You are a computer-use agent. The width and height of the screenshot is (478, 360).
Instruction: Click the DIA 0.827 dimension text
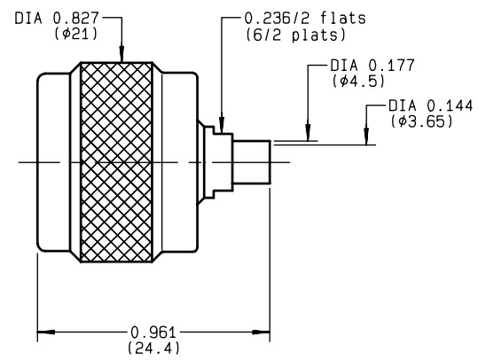[x=57, y=19]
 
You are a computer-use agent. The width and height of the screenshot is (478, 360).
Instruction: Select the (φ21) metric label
[x=76, y=34]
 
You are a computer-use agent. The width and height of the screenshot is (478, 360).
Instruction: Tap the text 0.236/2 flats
[x=305, y=19]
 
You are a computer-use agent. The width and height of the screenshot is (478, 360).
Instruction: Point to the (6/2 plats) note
[x=296, y=35]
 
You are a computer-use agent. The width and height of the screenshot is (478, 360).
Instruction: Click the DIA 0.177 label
[x=372, y=66]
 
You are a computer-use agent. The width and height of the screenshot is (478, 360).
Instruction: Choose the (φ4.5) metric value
[x=359, y=81]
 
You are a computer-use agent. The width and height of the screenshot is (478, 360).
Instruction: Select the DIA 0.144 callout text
[x=431, y=106]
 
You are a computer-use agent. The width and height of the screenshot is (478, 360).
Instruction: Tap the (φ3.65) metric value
[x=422, y=121]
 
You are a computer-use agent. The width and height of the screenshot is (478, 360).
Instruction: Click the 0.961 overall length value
[x=153, y=333]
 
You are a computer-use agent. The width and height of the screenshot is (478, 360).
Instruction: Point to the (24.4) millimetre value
[x=153, y=348]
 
